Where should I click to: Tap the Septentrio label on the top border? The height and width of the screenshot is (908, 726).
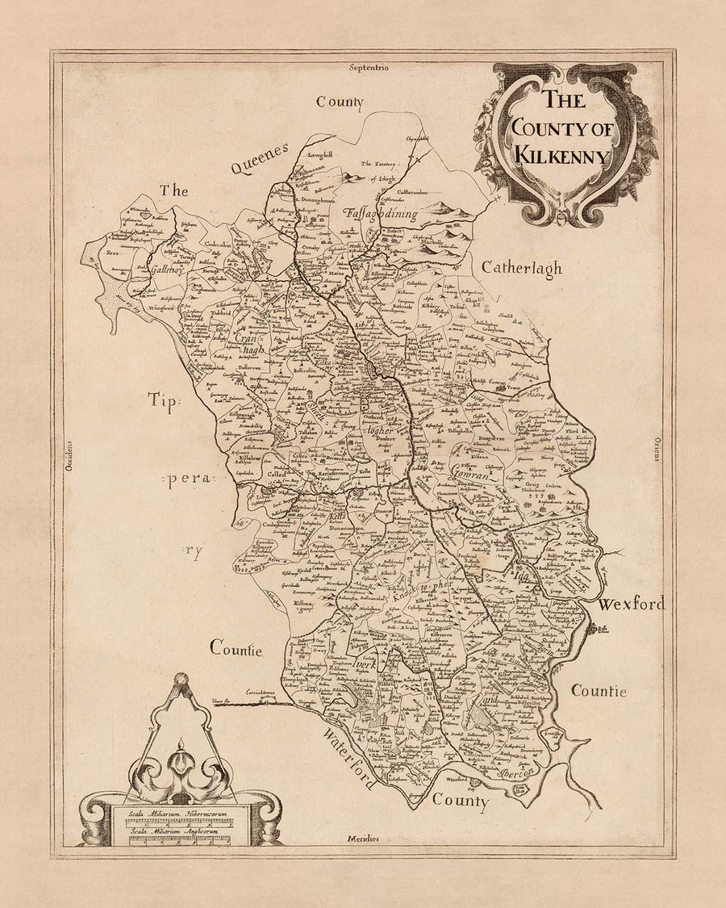[x=369, y=69]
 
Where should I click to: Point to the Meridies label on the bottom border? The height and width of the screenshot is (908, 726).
[x=364, y=839]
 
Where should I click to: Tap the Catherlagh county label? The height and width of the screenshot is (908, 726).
[x=521, y=269]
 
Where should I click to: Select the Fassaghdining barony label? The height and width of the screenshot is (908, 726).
[x=380, y=214]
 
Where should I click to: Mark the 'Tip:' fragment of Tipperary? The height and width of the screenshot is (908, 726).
[x=167, y=400]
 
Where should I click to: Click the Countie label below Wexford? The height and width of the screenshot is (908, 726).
[x=599, y=691]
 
